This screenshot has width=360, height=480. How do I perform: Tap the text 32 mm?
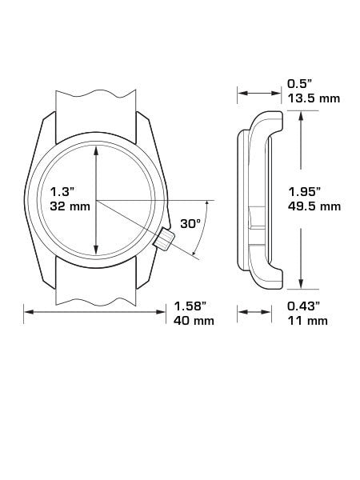click(70, 206)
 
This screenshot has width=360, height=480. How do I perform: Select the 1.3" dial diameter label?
click(62, 192)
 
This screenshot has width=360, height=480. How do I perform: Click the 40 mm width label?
click(194, 321)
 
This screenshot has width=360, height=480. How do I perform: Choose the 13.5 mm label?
click(314, 98)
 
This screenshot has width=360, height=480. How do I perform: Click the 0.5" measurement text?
click(299, 83)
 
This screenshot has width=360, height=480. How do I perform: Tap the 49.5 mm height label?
click(314, 206)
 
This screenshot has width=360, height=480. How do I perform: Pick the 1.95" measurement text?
click(304, 192)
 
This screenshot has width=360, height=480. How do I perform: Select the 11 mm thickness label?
click(307, 321)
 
